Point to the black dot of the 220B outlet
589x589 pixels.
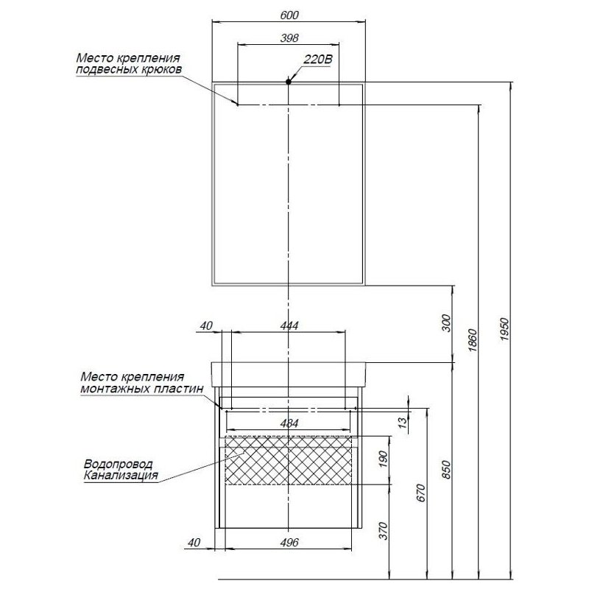point(289,82)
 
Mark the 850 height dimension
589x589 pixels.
point(444,469)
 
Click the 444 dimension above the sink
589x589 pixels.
point(289,325)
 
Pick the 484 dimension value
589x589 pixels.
point(289,424)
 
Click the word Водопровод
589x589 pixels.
point(119,465)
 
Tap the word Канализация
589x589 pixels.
point(121,476)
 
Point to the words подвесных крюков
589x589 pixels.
point(129,70)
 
